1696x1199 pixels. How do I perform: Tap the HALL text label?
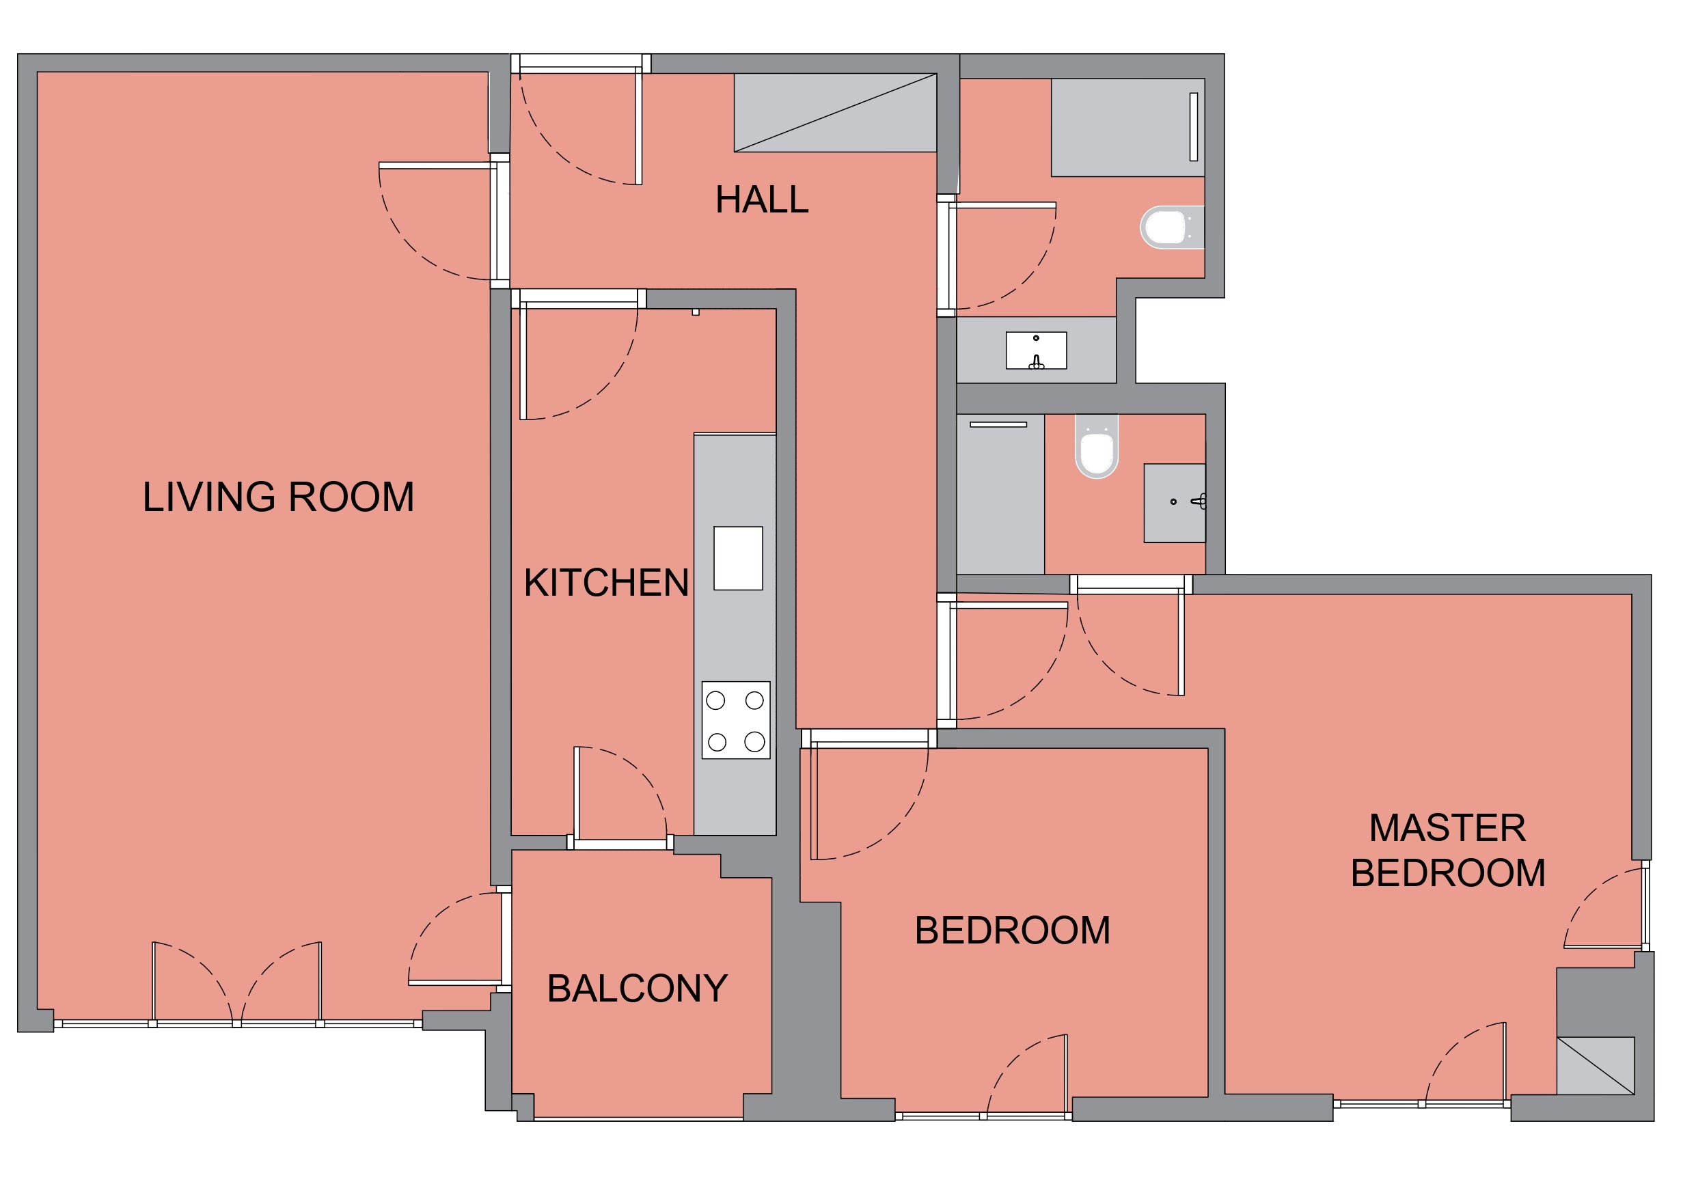tap(762, 199)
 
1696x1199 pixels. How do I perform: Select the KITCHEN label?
tap(605, 583)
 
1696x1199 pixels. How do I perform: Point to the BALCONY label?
tap(637, 989)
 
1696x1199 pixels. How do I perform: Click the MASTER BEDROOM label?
tap(1448, 851)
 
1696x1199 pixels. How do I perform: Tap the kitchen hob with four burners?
tap(736, 720)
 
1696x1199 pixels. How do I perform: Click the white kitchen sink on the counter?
tap(738, 558)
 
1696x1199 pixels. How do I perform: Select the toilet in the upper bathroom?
tap(1173, 227)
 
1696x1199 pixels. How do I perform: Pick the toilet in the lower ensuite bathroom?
tap(1097, 446)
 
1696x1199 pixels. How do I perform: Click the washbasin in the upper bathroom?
tap(1037, 350)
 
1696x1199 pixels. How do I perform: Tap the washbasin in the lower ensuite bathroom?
tap(1175, 503)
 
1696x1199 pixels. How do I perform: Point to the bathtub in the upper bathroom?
tap(1128, 128)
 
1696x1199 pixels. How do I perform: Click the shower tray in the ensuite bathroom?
tap(1000, 493)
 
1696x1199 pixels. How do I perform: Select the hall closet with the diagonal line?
tap(836, 112)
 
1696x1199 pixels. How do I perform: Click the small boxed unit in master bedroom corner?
tap(1596, 1065)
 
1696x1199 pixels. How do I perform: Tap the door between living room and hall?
tap(437, 220)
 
